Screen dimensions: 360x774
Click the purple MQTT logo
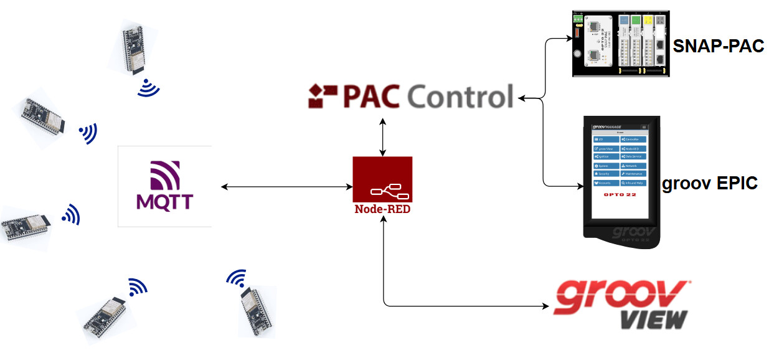(165, 186)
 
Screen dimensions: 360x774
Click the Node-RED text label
(382, 209)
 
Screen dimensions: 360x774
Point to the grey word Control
(460, 97)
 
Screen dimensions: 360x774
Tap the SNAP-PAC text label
(718, 45)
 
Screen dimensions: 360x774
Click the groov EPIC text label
(709, 184)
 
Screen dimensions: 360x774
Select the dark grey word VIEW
(654, 319)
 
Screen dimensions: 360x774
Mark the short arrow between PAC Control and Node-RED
(382, 135)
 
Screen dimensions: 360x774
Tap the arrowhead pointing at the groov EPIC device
(576, 186)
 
